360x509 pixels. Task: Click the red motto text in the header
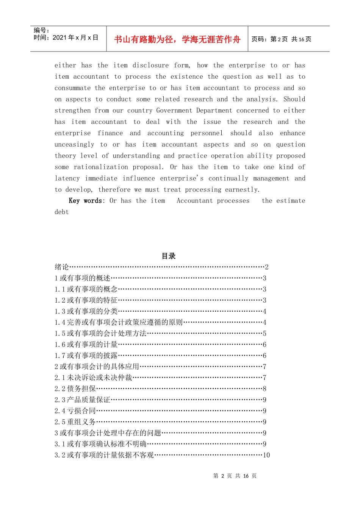click(177, 39)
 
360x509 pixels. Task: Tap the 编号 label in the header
click(41, 30)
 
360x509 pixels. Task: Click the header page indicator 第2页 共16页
click(281, 39)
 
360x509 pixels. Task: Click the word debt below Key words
click(61, 212)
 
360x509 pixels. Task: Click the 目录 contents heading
click(169, 256)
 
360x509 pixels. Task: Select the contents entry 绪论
click(62, 267)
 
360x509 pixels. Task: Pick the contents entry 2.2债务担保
click(75, 389)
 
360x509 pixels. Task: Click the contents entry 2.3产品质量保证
click(82, 400)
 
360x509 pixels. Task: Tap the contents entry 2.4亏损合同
click(75, 411)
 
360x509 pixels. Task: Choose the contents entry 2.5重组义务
click(75, 422)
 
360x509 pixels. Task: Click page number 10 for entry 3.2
click(266, 455)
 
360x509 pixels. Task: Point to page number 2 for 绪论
click(267, 267)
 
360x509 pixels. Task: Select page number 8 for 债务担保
click(265, 389)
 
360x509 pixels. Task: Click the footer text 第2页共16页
click(235, 476)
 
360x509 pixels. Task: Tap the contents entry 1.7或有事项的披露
click(86, 356)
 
